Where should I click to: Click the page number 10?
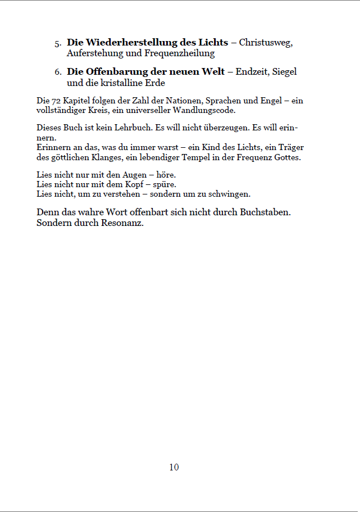174,467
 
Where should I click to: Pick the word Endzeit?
252,73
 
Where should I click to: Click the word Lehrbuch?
136,128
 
